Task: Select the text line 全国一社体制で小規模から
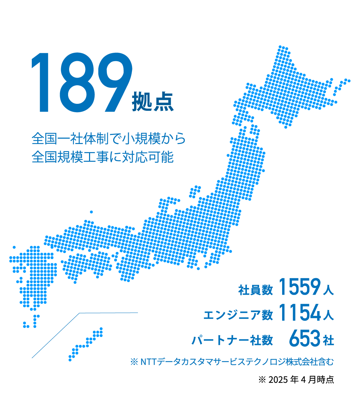108,139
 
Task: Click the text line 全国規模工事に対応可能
102,157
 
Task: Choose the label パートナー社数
232,340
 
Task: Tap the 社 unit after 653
329,340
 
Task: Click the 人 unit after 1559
328,290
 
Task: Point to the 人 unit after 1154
328,315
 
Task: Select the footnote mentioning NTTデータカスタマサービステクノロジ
232,362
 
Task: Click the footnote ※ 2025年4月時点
296,380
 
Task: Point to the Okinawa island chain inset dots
86,344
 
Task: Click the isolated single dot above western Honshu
91,212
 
